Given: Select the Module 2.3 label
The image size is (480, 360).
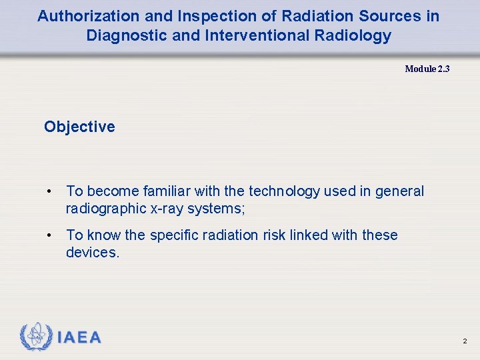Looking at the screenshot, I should point(427,69).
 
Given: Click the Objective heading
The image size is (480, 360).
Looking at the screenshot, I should point(79,127).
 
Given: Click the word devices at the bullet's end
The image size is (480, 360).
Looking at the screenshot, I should point(92,253).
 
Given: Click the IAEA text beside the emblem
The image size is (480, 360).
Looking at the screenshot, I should point(79,337).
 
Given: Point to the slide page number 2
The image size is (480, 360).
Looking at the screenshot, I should point(465,341).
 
